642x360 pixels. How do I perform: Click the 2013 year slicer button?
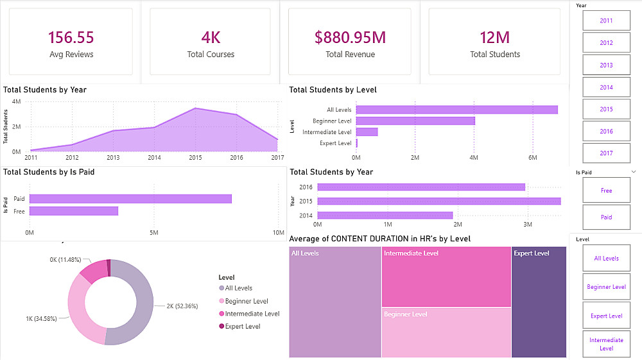coord(607,65)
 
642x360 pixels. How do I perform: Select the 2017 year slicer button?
coord(607,153)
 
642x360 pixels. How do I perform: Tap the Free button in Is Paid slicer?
coord(607,190)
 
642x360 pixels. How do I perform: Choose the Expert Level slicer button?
coord(607,316)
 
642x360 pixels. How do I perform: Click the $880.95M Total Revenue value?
coord(350,37)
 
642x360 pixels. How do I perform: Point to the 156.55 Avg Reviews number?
coord(71,37)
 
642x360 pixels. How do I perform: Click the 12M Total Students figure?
coord(494,38)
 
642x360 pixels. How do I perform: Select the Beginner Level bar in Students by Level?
coord(415,121)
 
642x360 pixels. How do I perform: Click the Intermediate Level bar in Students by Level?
coord(367,132)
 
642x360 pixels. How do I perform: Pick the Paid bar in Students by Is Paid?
coord(130,199)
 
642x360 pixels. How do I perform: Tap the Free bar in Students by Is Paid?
coord(74,211)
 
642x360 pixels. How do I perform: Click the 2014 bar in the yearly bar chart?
coord(385,215)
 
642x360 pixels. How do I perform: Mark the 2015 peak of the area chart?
coord(196,108)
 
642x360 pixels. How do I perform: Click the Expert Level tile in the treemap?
coord(539,302)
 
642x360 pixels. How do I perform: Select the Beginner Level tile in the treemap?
coord(446,332)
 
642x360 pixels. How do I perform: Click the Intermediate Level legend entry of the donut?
coord(249,314)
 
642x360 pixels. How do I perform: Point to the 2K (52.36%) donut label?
coord(182,306)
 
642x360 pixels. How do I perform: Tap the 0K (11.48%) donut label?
coord(65,260)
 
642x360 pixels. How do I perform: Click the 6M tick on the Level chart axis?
coord(533,157)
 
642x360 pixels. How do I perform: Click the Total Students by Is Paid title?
coord(49,172)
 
